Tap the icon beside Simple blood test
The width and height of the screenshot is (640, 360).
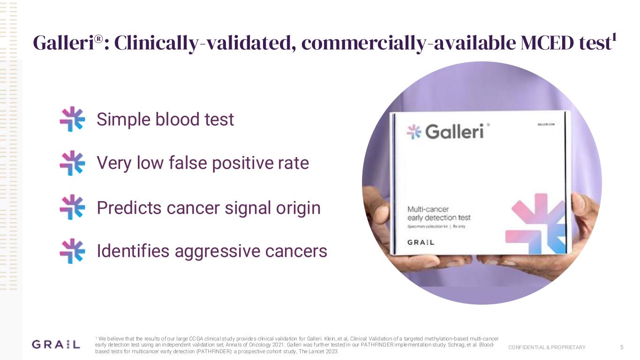click(x=72, y=119)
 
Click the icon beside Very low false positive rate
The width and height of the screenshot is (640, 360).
click(x=72, y=163)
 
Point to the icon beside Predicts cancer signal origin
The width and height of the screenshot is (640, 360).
click(x=72, y=207)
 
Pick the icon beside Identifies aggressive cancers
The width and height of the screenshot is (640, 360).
click(x=72, y=251)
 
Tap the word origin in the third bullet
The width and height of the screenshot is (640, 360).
click(x=298, y=207)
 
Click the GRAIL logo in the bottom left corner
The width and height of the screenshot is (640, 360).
click(x=55, y=345)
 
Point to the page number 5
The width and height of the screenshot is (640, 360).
click(x=621, y=347)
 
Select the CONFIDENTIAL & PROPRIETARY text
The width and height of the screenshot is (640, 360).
click(x=547, y=347)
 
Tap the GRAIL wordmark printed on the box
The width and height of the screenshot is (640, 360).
click(x=421, y=242)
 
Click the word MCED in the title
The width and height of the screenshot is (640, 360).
click(x=542, y=44)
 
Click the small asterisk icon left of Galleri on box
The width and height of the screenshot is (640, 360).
click(x=414, y=132)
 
